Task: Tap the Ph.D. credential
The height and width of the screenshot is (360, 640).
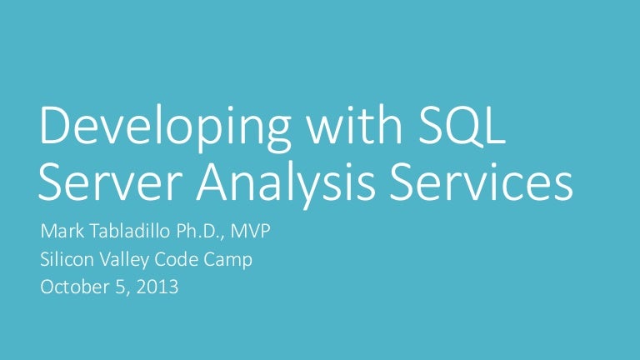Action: (195, 232)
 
